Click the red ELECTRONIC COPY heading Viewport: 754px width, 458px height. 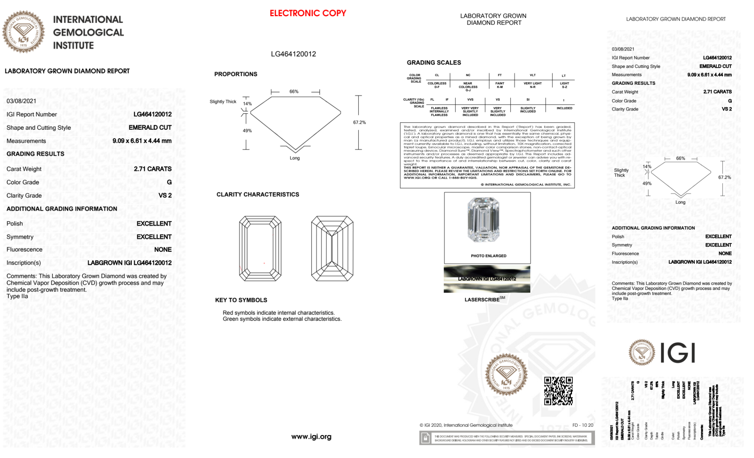[308, 13]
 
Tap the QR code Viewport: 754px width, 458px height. [558, 391]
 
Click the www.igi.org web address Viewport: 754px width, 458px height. [311, 437]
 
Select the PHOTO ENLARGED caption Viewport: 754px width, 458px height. [488, 256]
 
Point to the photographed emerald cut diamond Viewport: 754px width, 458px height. [483, 220]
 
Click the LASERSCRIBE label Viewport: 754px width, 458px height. [482, 300]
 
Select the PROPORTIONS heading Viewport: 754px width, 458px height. [236, 74]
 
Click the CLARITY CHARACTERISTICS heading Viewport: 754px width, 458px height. [258, 195]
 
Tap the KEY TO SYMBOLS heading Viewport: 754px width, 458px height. [241, 300]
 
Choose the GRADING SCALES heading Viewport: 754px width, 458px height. [434, 63]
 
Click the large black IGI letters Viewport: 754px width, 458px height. [678, 353]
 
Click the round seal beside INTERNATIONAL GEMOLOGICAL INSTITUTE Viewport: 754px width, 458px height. [23, 32]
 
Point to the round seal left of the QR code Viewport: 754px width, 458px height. [506, 374]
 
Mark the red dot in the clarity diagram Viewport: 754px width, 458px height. [264, 263]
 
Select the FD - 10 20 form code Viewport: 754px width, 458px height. [583, 425]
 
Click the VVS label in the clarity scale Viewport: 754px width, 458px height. [470, 100]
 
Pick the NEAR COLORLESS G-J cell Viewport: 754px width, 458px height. [468, 87]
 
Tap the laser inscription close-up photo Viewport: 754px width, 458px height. [487, 279]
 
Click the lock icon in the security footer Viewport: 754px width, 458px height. [425, 438]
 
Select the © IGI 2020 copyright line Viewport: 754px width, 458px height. [466, 425]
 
